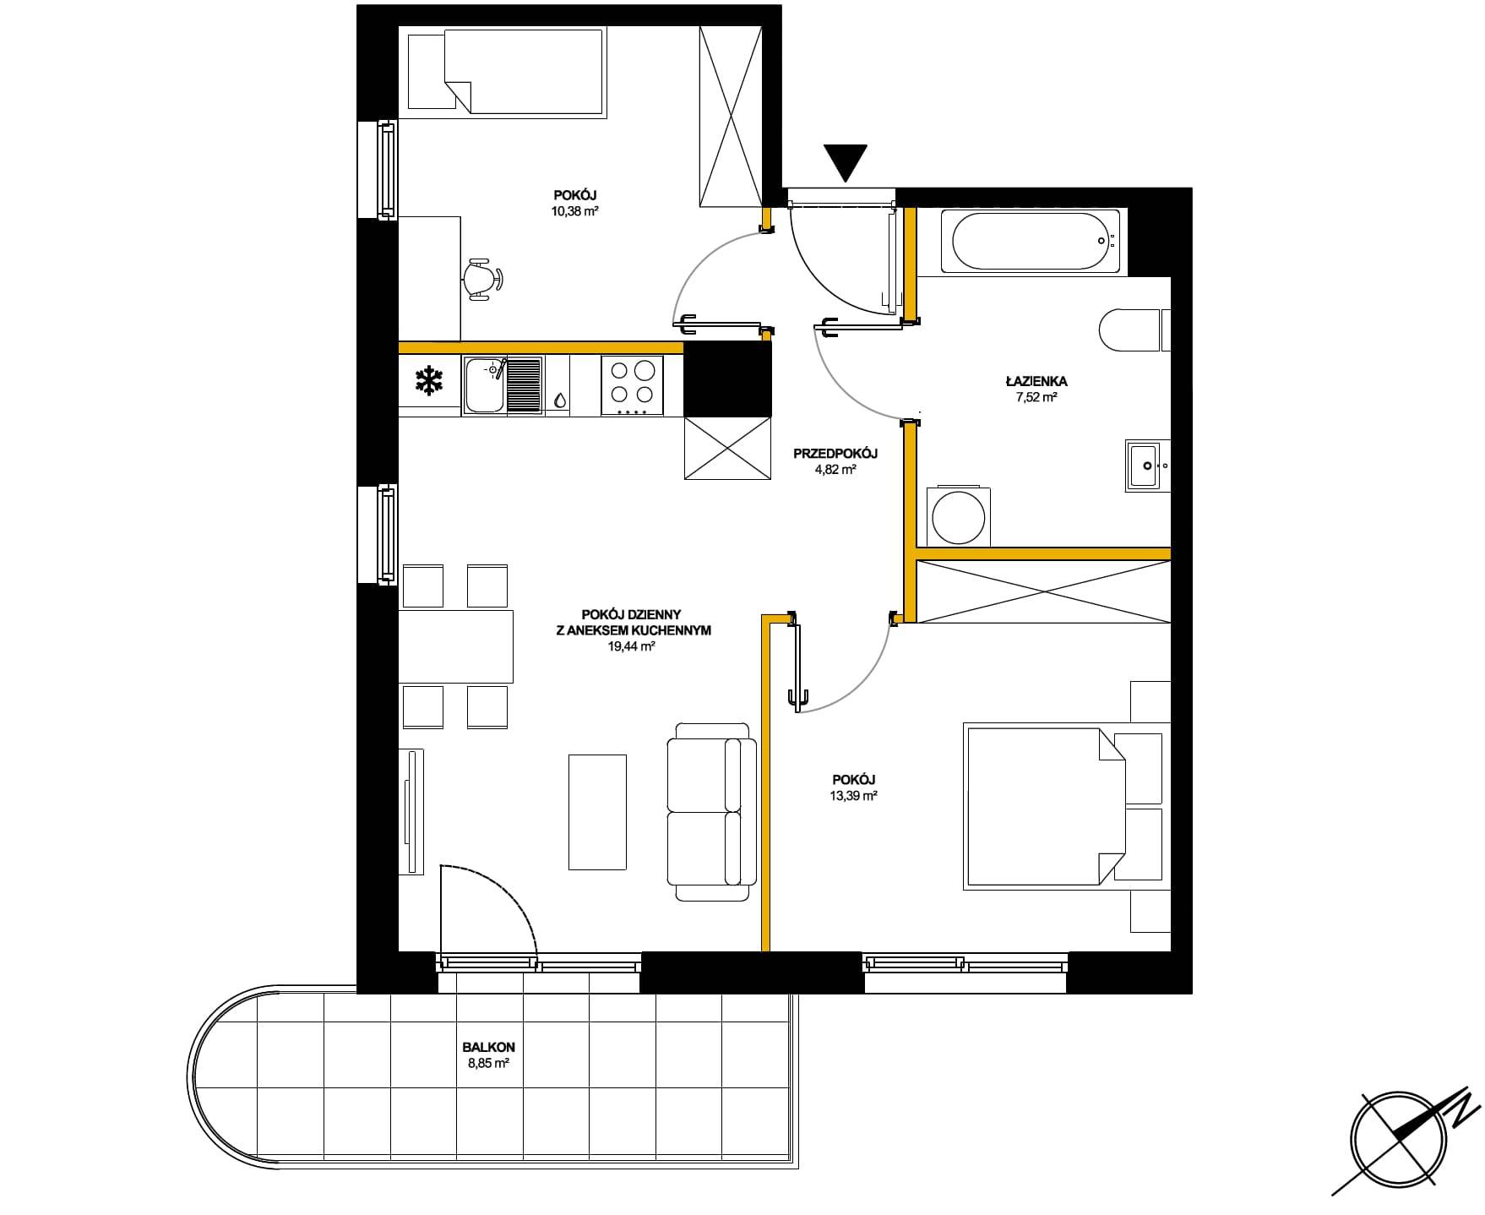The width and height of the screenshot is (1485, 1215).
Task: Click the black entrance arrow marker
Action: pyautogui.click(x=845, y=162)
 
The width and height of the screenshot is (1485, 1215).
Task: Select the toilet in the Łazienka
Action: pyautogui.click(x=1135, y=330)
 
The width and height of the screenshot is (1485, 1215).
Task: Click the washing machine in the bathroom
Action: pyautogui.click(x=956, y=516)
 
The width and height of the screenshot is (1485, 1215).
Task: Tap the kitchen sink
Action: pyautogui.click(x=503, y=385)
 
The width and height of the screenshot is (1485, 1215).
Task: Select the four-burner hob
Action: pyautogui.click(x=632, y=385)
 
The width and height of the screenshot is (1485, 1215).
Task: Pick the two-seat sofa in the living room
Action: pyautogui.click(x=710, y=812)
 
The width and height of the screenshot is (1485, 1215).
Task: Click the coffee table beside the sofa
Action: pyautogui.click(x=598, y=812)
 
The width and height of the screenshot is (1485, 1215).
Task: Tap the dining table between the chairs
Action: pyautogui.click(x=456, y=646)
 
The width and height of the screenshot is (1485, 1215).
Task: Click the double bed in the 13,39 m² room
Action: pyautogui.click(x=1046, y=806)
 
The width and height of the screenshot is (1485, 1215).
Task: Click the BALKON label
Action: pyautogui.click(x=488, y=1048)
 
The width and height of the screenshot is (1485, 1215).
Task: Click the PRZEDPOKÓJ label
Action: pyautogui.click(x=835, y=454)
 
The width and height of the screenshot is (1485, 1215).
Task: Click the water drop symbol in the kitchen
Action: pyautogui.click(x=559, y=399)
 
